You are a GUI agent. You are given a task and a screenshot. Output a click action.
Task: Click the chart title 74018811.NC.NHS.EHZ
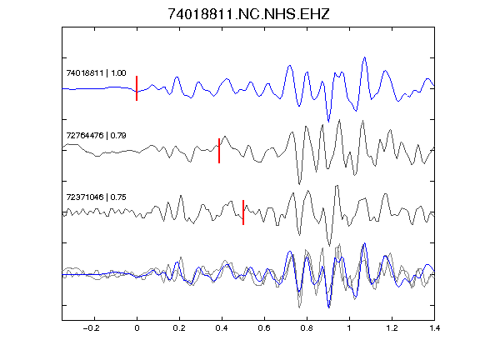click(x=248, y=14)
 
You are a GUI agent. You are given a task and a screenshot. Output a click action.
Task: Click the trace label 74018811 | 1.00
click(x=96, y=73)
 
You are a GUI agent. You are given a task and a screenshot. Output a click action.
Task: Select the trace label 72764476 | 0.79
click(x=96, y=135)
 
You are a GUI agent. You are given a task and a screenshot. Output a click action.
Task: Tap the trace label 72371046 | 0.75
click(x=96, y=197)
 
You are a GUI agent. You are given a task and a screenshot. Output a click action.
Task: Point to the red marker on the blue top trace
click(x=137, y=88)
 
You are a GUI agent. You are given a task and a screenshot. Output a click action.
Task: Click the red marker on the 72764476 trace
click(x=219, y=151)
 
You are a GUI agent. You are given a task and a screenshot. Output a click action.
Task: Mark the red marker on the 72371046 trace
click(x=243, y=212)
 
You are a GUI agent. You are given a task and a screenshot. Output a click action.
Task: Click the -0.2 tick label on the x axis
click(x=92, y=328)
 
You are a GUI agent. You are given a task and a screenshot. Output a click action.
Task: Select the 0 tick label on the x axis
click(x=137, y=328)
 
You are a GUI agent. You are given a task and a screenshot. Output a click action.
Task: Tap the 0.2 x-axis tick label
click(x=179, y=328)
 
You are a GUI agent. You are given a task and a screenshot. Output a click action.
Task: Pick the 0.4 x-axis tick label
click(x=222, y=328)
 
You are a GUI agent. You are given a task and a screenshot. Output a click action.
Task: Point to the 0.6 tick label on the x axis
click(x=264, y=328)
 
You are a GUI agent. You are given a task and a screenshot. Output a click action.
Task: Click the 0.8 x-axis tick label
click(x=307, y=328)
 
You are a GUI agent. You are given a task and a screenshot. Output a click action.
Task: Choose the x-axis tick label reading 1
click(x=349, y=328)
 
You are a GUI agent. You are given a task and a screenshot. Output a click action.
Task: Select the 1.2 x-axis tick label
click(x=392, y=328)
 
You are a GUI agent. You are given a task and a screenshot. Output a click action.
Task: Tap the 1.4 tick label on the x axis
click(x=434, y=328)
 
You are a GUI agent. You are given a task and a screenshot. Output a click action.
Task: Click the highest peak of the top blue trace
click(x=365, y=57)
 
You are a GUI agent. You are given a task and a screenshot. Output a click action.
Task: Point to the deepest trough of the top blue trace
click(x=329, y=122)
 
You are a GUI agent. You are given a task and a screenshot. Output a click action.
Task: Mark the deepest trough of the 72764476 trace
click(x=299, y=184)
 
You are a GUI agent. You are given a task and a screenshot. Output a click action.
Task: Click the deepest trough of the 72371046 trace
click(x=329, y=246)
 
